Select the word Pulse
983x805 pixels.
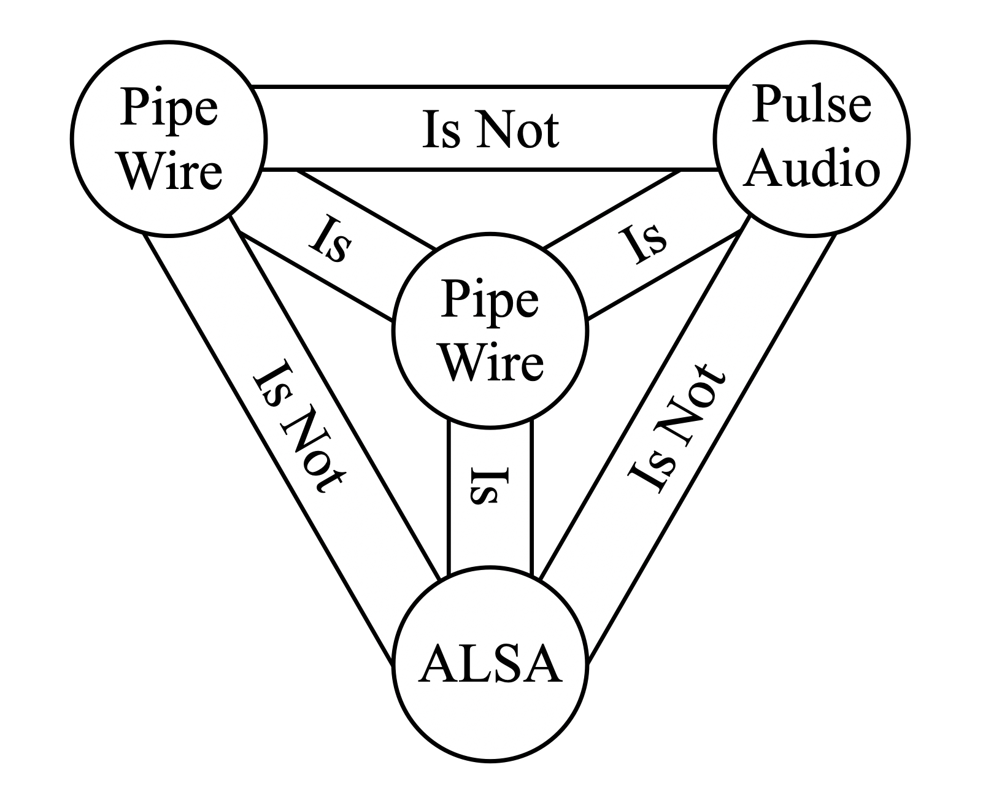[x=811, y=104]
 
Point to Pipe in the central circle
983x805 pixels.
[x=490, y=301]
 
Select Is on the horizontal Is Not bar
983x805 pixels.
[x=440, y=130]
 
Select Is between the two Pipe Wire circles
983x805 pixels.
[x=330, y=241]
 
